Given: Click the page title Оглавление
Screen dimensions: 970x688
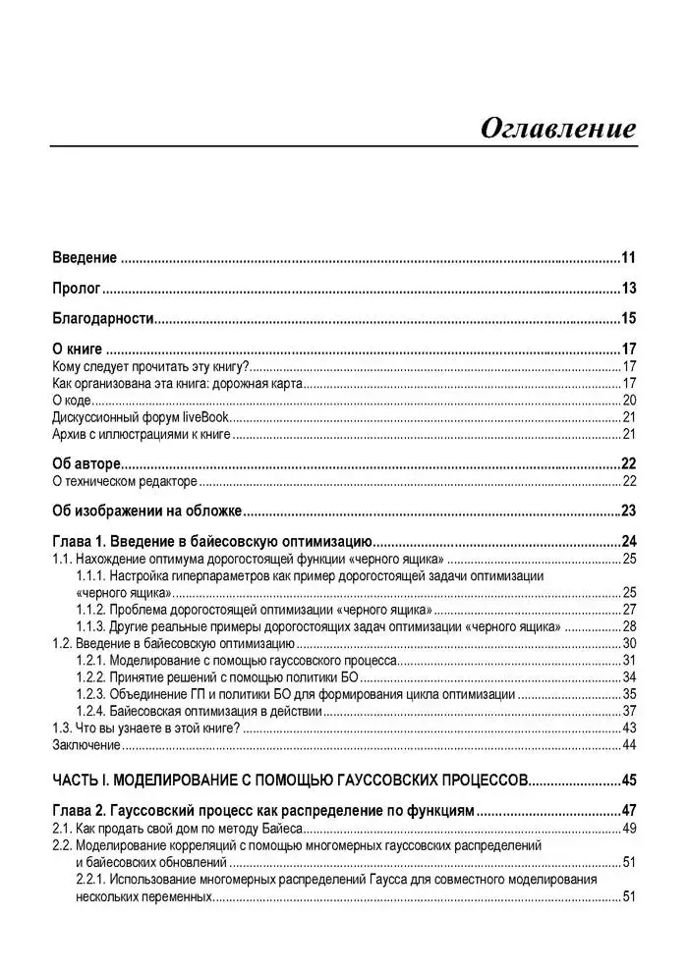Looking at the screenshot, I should [557, 129].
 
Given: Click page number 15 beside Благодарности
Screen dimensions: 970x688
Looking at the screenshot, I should [629, 317].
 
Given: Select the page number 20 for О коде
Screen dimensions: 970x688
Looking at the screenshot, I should [630, 400].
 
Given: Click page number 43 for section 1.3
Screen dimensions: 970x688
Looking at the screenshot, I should [630, 727].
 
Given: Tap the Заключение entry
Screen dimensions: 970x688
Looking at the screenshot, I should [86, 745].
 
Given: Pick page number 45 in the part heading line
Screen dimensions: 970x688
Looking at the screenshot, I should [629, 781].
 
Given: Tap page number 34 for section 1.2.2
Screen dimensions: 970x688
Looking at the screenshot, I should [630, 676].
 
